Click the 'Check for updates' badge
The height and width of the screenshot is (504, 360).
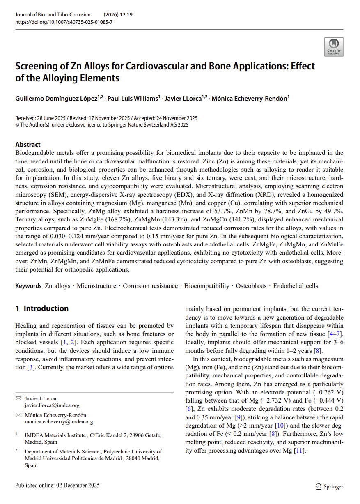click(333, 47)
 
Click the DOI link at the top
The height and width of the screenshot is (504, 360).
click(64, 22)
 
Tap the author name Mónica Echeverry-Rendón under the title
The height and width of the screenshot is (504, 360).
click(250, 98)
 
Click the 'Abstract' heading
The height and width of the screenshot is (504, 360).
click(28, 145)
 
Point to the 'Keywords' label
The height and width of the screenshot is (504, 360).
click(28, 286)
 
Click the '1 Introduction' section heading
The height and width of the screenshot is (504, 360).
click(42, 308)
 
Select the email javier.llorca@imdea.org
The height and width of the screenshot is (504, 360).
click(52, 405)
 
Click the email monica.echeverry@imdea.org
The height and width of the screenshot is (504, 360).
click(59, 421)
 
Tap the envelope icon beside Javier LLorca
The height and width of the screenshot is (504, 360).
click(18, 399)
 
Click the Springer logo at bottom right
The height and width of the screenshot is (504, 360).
click(329, 486)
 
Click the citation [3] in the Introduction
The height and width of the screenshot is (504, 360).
click(30, 367)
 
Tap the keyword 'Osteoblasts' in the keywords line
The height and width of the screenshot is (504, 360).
click(251, 286)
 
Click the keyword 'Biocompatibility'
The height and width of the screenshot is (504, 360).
click(206, 286)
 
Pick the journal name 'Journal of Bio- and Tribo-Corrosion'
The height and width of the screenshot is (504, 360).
click(53, 15)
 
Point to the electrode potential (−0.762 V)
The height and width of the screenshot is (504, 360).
click(328, 392)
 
